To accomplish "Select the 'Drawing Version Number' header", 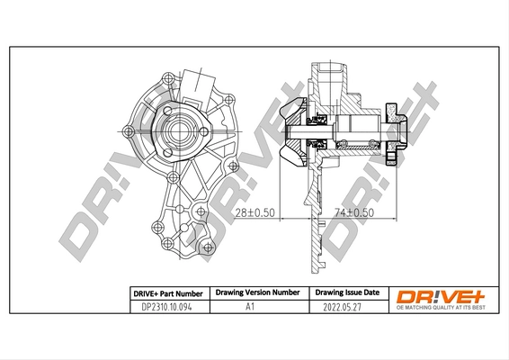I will [x=256, y=292].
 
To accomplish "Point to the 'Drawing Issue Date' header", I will [x=344, y=292].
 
